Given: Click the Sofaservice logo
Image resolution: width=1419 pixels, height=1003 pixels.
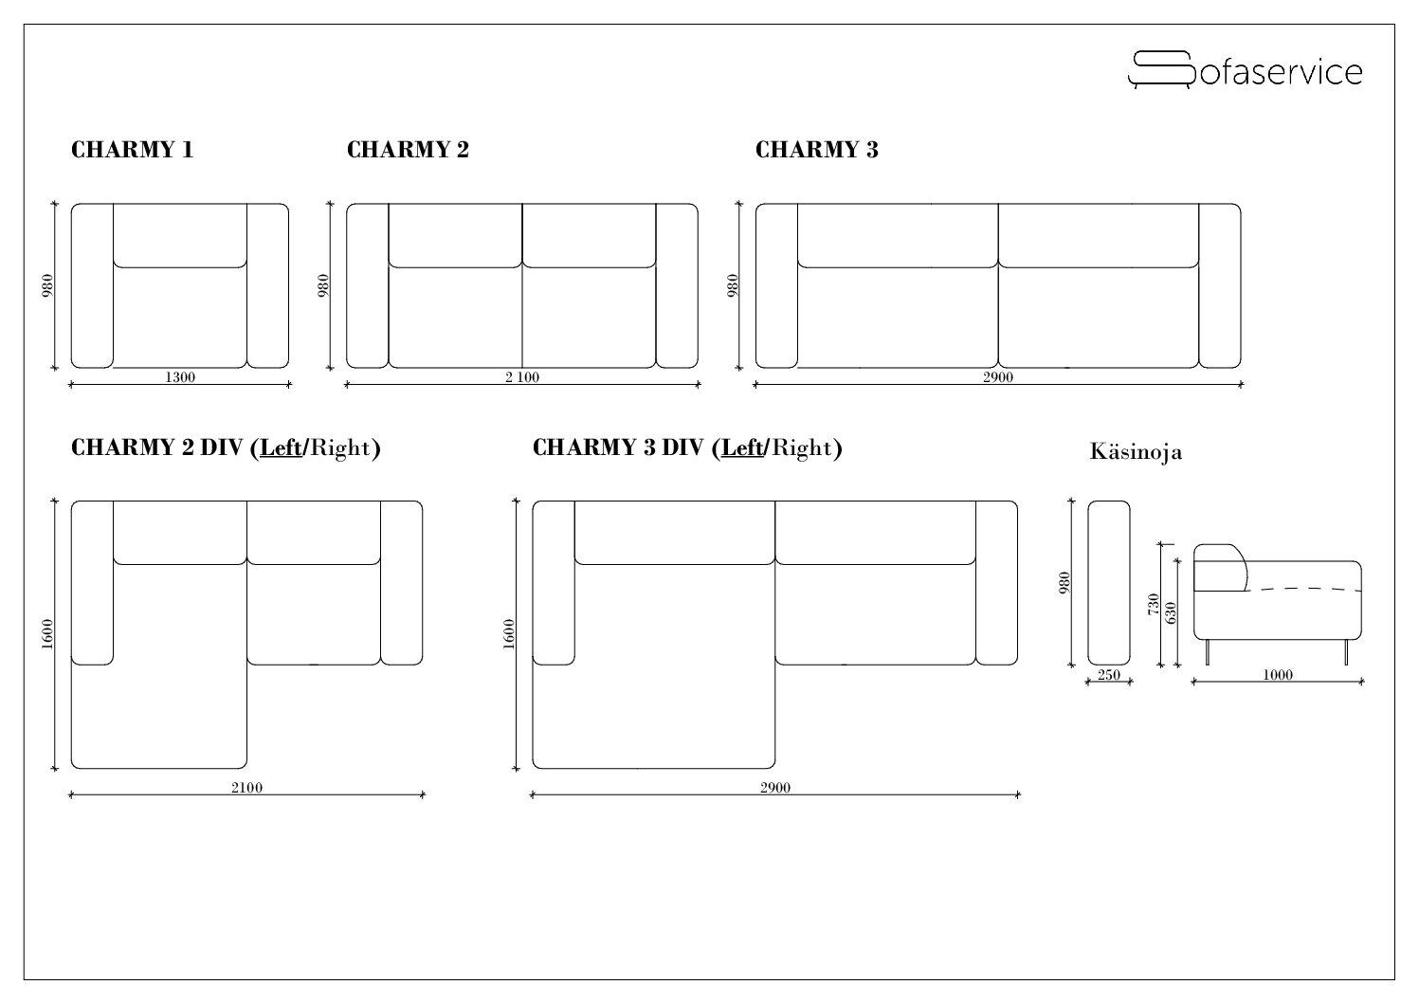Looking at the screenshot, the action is (1245, 70).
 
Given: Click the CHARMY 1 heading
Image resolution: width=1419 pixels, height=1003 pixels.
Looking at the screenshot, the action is (132, 150).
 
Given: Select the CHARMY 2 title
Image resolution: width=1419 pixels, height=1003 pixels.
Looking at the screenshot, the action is (408, 150).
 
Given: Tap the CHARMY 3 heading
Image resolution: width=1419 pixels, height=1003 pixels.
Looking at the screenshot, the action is (816, 150).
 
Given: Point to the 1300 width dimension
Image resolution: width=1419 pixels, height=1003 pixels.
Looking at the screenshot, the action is (180, 377).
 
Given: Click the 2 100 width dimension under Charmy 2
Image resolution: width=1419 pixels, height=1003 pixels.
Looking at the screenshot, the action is (522, 377).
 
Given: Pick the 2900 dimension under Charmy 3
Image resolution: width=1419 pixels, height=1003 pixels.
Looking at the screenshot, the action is (998, 377).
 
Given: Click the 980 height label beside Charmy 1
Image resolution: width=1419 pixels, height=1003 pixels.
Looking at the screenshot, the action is (47, 285).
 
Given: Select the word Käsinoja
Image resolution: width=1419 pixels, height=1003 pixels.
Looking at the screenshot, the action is (1136, 452).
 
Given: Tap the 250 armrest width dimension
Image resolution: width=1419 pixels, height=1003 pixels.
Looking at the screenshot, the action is (1109, 675).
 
